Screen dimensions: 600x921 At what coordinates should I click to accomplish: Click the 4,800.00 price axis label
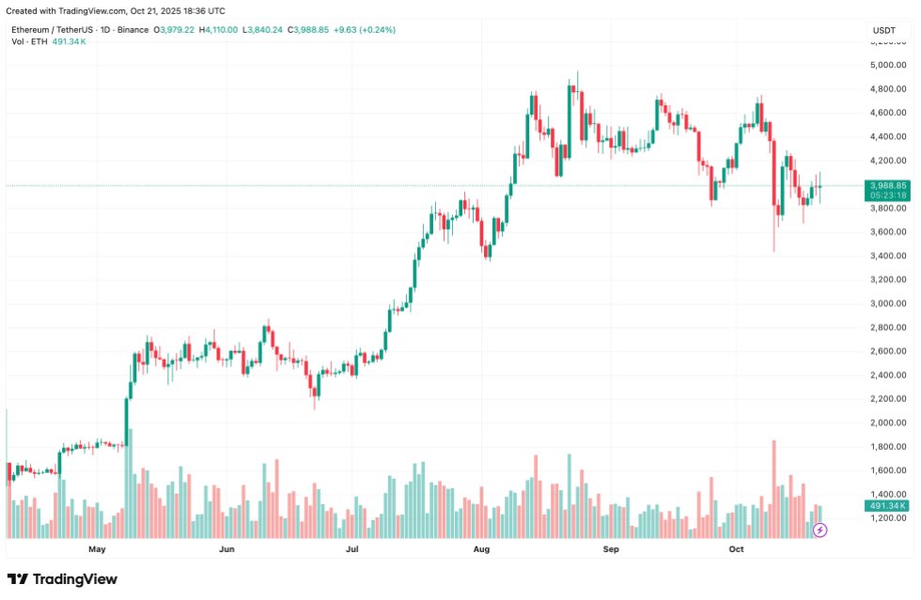pos(888,89)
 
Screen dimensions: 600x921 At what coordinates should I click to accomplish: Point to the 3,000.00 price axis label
pos(888,303)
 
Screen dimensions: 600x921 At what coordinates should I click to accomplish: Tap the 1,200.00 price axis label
pos(888,518)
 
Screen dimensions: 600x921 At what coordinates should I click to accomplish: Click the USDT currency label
pos(884,30)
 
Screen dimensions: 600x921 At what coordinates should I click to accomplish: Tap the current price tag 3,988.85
pos(888,186)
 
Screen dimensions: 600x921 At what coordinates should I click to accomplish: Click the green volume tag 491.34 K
pos(888,506)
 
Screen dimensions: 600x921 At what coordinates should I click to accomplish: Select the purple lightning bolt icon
pos(820,531)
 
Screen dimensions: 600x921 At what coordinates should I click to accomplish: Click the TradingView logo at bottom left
pos(62,579)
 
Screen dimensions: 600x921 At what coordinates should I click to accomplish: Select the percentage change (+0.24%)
pos(374,30)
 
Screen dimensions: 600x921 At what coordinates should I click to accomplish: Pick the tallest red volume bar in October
pos(773,488)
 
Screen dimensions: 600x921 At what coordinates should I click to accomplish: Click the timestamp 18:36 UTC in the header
pos(202,10)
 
